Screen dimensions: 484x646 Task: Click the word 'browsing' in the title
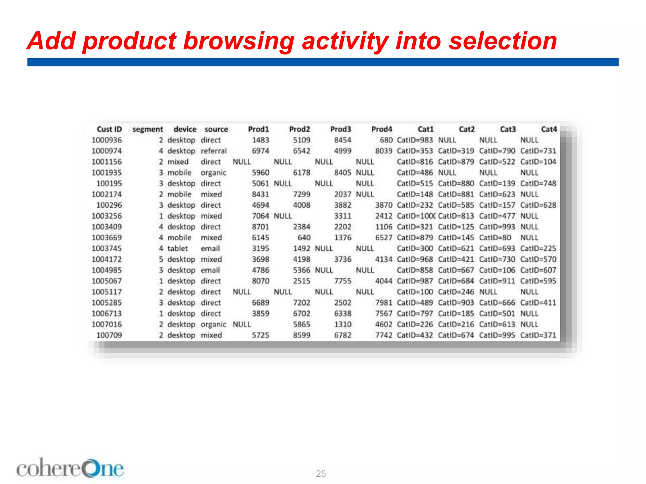pos(238,41)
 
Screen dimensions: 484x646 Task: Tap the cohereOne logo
pos(70,469)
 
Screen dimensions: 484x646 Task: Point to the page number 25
pos(321,474)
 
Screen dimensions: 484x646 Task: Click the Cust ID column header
pos(109,129)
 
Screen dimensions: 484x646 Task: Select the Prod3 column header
pos(340,129)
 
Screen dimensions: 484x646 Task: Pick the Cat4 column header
pos(549,129)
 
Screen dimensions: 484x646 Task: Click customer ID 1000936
pos(107,140)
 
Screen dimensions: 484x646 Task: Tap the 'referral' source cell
pos(214,151)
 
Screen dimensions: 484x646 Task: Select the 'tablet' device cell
pos(178,249)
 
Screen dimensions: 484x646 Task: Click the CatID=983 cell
pos(415,140)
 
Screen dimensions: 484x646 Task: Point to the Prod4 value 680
pos(386,140)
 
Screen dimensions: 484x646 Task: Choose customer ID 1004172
pos(107,259)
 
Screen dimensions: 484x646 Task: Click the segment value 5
pos(161,259)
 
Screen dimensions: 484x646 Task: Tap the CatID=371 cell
pos(538,335)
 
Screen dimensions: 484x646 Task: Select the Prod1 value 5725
pos(260,335)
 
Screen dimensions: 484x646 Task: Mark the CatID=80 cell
pos(495,238)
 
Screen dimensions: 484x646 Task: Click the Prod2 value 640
pos(304,238)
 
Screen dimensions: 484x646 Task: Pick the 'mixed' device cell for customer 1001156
pos(178,162)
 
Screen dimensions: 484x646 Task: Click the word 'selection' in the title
pos(503,41)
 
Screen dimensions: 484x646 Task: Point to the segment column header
pos(148,129)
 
